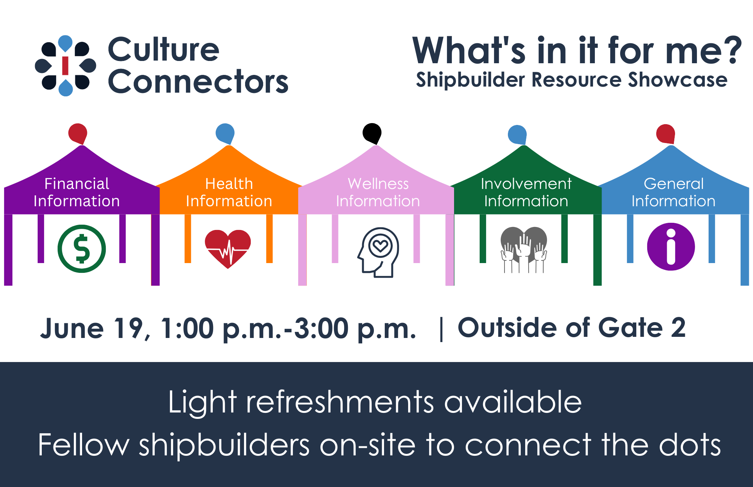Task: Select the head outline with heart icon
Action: tap(378, 253)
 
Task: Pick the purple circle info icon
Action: tap(671, 247)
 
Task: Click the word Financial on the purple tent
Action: tap(77, 184)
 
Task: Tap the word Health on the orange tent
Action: tap(229, 184)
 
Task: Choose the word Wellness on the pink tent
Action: tap(378, 184)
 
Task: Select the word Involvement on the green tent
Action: tap(526, 184)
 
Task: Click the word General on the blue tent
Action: tap(674, 184)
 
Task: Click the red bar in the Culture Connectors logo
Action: tap(65, 65)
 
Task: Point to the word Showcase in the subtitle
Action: tap(677, 80)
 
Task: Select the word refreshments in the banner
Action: tap(340, 402)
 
